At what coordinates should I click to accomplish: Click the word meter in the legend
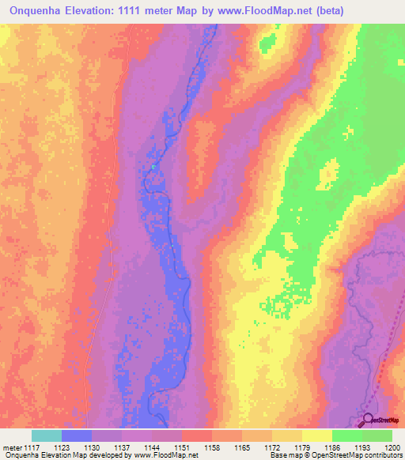coord(12,447)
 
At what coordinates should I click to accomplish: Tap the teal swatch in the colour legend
coord(47,435)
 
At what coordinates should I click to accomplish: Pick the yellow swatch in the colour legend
coord(317,435)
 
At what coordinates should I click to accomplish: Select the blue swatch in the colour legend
coord(77,435)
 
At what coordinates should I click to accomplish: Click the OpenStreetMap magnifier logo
coord(368,420)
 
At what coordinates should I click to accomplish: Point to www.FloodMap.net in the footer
coord(165,456)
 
